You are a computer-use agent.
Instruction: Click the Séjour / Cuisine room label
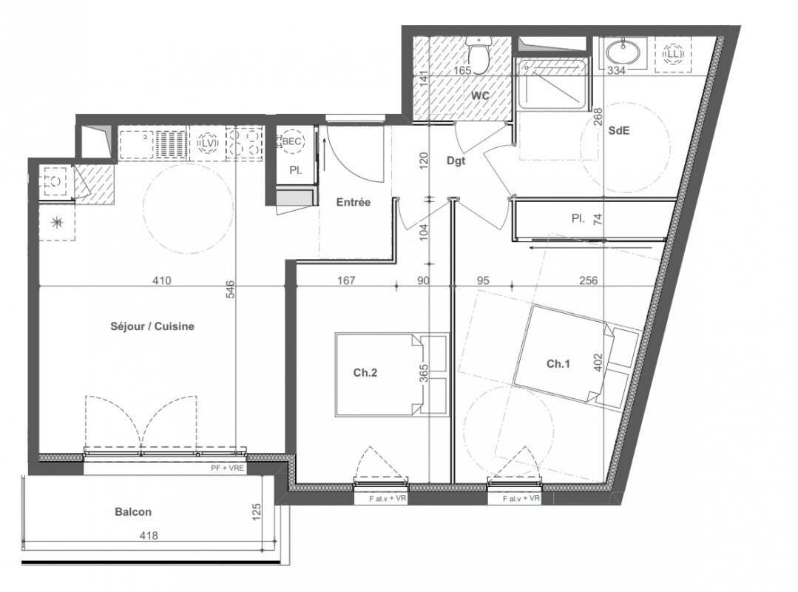coord(152,326)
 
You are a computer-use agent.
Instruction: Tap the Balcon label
coord(133,512)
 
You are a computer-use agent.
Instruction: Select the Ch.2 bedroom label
coord(365,373)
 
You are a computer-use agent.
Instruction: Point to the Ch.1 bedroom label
coord(558,364)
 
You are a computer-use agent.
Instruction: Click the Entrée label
coord(354,202)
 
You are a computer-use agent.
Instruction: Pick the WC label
coord(480,95)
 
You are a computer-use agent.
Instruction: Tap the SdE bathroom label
coord(619,131)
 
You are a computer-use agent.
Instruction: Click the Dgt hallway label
coord(456,161)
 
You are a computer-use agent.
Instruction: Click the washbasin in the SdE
coord(623,51)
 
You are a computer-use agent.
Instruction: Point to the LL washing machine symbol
coord(673,53)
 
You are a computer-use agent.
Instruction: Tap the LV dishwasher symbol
coord(207,144)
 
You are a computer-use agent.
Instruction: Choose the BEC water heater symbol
coord(291,141)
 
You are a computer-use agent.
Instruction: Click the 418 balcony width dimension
coord(149,536)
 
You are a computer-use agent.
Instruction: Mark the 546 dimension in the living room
coord(230,289)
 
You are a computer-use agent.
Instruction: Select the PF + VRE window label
coord(227,468)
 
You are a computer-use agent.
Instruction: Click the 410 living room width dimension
coord(162,280)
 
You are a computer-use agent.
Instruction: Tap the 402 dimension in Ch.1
coord(598,363)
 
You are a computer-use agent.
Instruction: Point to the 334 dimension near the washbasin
coord(616,71)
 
